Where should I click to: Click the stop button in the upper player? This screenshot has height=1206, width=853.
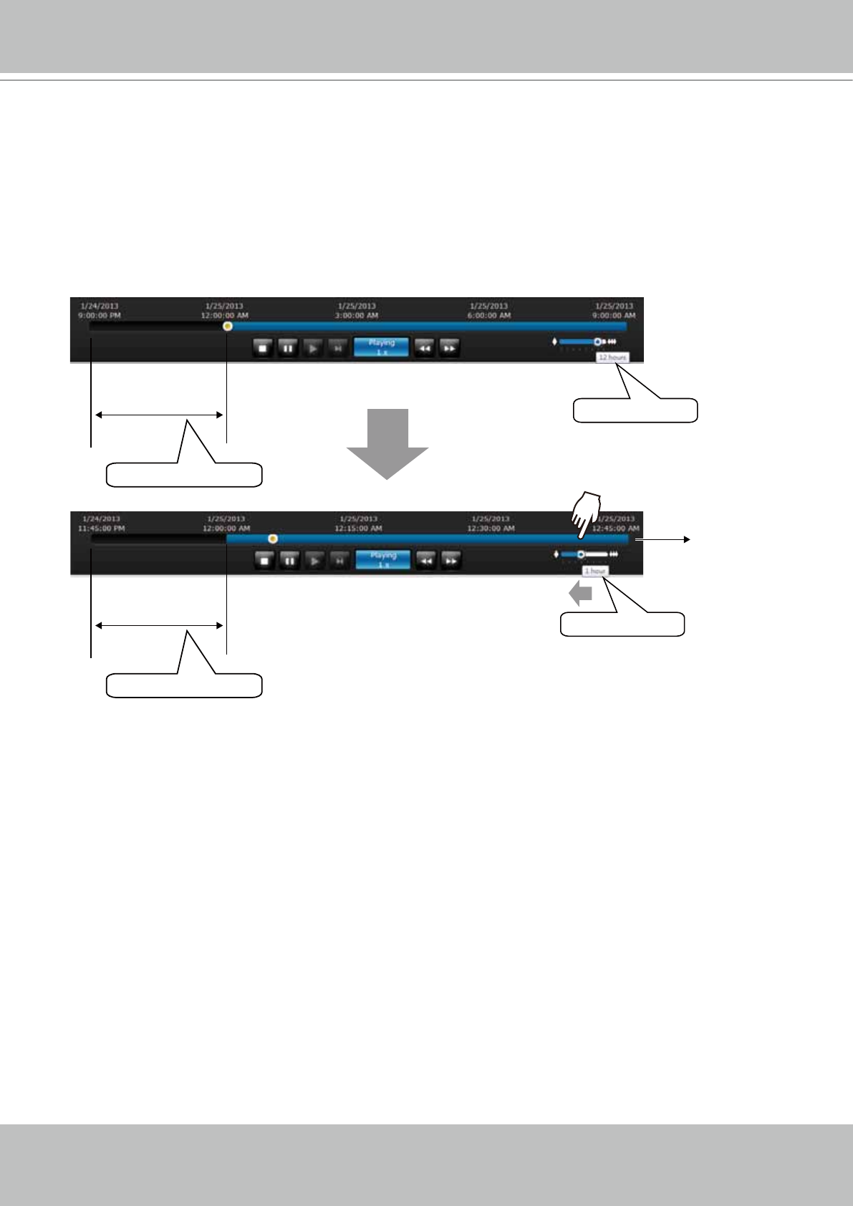pyautogui.click(x=263, y=348)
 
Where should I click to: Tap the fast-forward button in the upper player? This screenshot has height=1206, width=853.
pyautogui.click(x=449, y=348)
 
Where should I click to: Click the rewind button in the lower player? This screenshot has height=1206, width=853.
pyautogui.click(x=426, y=561)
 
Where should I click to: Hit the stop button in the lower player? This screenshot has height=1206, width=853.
pyautogui.click(x=265, y=561)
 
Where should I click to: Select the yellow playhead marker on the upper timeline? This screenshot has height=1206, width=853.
pyautogui.click(x=228, y=327)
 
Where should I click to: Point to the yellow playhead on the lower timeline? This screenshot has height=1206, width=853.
pyautogui.click(x=273, y=539)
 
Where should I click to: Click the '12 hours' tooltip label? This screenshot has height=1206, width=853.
pyautogui.click(x=612, y=357)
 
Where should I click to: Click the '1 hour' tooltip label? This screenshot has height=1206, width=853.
pyautogui.click(x=595, y=571)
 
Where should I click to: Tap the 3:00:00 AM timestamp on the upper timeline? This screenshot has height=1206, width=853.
pyautogui.click(x=357, y=315)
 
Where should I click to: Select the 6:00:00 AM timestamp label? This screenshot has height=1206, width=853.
pyautogui.click(x=489, y=315)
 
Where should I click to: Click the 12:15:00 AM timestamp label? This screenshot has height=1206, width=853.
pyautogui.click(x=358, y=529)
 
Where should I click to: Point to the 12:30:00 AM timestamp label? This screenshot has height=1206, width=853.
pyautogui.click(x=491, y=529)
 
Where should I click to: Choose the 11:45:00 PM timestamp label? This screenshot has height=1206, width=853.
pyautogui.click(x=101, y=529)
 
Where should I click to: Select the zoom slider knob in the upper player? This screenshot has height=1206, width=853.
pyautogui.click(x=597, y=342)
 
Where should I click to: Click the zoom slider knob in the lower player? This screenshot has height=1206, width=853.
pyautogui.click(x=581, y=554)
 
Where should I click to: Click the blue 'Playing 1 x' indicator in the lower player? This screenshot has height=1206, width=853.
pyautogui.click(x=383, y=560)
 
